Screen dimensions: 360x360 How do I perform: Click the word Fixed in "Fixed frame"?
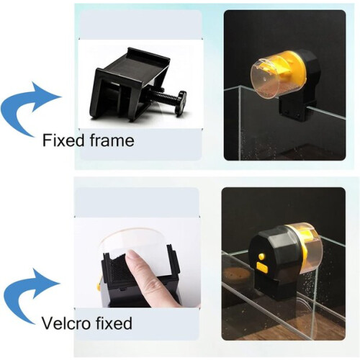point(63,140)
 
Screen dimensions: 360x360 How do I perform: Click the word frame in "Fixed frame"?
point(112,140)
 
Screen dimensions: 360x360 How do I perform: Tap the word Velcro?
point(66,323)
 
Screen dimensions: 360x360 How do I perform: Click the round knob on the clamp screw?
point(181,104)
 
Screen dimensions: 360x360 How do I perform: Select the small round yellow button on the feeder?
point(261,256)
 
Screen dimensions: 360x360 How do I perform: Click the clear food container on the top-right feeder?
point(266,79)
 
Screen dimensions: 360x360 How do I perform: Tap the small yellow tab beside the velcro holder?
point(98,286)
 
